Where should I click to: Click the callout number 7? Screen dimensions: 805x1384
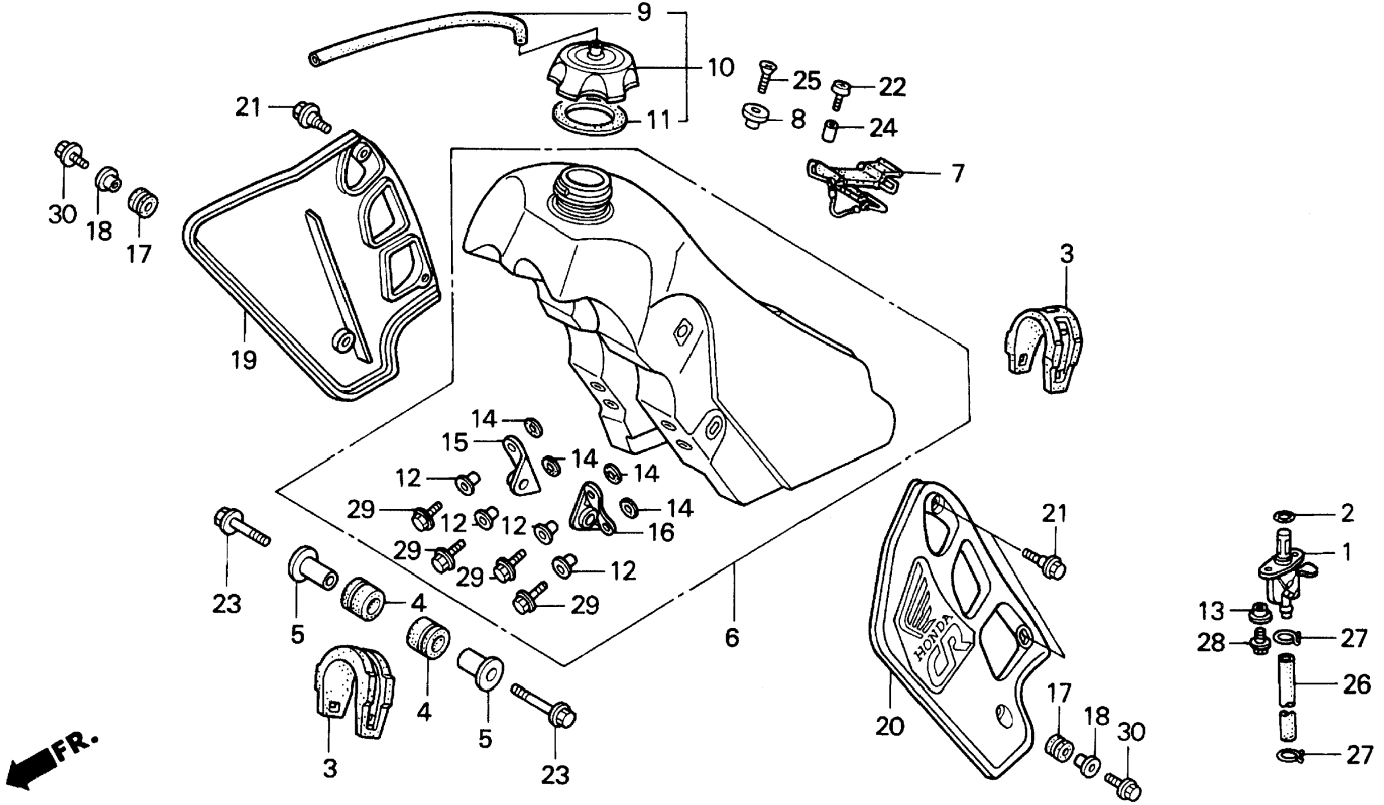[x=957, y=173]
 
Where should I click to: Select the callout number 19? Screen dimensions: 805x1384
[x=243, y=360]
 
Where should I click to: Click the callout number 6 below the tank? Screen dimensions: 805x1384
[x=732, y=637]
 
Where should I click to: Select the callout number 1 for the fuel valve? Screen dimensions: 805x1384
[x=1346, y=552]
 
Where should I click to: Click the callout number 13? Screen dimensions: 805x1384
[x=1211, y=611]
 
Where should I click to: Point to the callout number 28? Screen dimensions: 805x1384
[x=1211, y=642]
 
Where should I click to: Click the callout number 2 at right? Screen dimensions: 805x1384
[x=1347, y=514]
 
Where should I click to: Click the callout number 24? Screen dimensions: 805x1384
[x=882, y=128]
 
